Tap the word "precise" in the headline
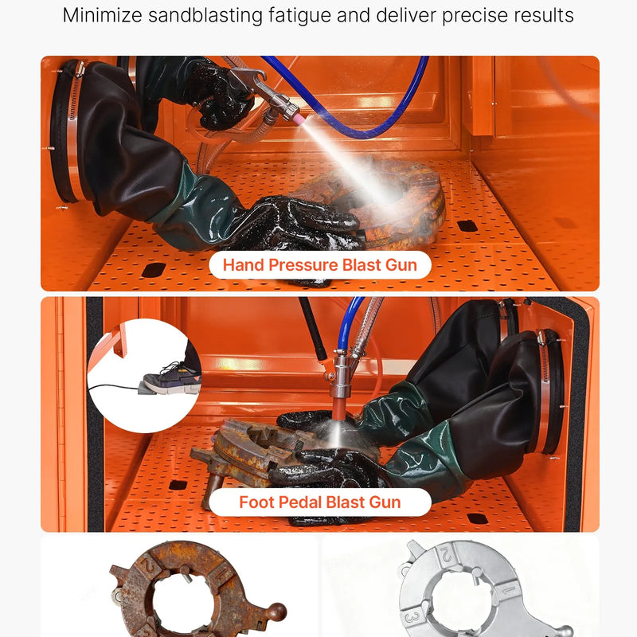tap(475, 16)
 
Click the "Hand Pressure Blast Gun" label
tap(320, 265)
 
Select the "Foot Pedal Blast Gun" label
tap(320, 502)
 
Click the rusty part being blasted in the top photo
tap(390, 203)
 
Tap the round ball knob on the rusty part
tap(276, 612)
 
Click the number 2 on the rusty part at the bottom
tap(147, 565)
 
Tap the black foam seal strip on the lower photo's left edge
tap(95, 414)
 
